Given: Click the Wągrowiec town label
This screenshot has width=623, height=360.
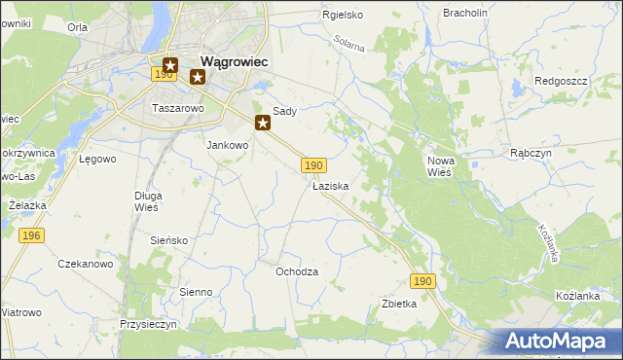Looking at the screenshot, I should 234,59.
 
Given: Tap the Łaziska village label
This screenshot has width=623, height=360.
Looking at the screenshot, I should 330,185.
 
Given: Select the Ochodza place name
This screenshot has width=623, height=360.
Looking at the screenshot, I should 297,271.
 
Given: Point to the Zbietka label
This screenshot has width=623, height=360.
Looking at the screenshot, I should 399,304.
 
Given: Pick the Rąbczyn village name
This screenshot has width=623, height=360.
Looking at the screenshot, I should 531,153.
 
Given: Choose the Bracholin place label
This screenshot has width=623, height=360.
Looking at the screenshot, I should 464,13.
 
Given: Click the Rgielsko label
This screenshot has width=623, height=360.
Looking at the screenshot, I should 343,15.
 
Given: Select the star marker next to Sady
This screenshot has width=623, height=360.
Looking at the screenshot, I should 263,123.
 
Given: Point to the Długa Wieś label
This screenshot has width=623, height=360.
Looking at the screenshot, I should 147,200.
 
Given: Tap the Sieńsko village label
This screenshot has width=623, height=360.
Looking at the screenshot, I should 168,239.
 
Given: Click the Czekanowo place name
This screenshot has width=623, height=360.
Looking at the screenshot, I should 86,264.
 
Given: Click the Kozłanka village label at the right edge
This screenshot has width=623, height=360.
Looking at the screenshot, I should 584,294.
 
